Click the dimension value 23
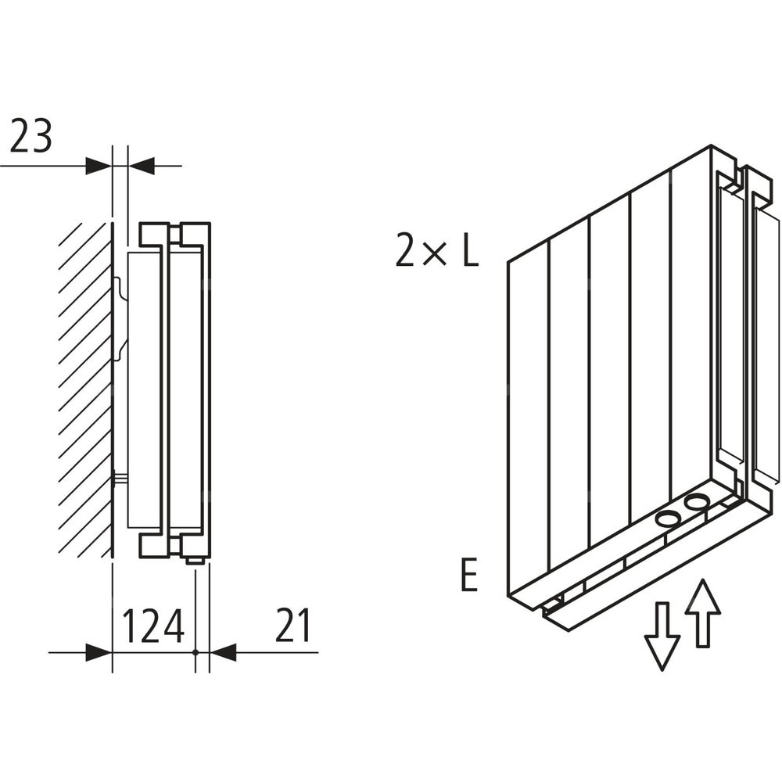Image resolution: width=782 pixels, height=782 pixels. pos(31,138)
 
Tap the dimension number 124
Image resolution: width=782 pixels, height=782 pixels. pos(153,625)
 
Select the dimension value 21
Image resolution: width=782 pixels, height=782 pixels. pos(293,625)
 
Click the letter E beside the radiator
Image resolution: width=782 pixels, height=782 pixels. pos(468,576)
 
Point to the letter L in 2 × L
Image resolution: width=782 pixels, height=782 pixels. pos(468,252)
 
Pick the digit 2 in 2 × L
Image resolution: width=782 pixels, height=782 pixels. pos(406,252)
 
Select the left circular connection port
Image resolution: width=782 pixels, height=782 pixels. pos(669,518)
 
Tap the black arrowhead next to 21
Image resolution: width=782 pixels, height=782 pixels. pos(223,651)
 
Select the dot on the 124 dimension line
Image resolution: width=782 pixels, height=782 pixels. pos(194,651)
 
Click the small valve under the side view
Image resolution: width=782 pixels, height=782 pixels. pos(195,559)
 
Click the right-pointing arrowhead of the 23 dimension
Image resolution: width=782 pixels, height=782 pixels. pos(98,166)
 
